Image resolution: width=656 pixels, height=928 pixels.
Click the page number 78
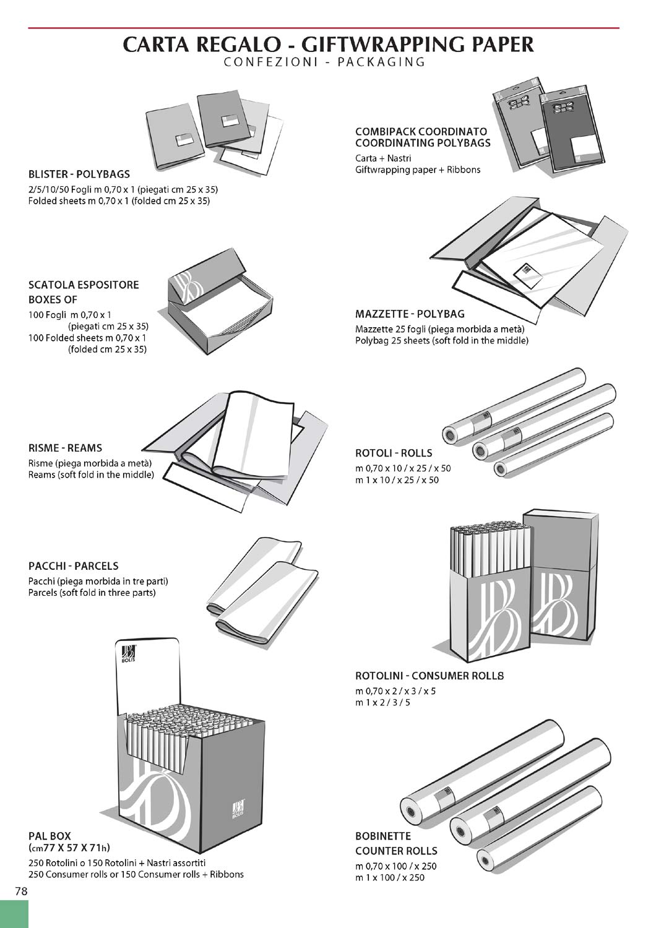coord(21,891)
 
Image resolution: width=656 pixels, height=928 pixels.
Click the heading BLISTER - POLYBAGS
coord(79,174)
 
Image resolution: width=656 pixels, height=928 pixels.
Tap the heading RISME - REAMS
coord(66,448)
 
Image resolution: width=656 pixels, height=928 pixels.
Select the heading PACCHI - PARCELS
coord(74,566)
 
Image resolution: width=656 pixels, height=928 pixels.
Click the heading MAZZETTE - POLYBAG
coord(410,314)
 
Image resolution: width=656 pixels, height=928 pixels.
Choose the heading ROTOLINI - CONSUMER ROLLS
coord(429,676)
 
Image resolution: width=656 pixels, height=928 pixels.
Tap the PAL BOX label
coord(50,836)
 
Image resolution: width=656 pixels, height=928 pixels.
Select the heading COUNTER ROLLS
coord(396,851)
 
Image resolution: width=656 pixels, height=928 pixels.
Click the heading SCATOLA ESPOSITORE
coord(84,285)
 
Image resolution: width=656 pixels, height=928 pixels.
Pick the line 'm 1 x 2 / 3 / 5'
coord(382,702)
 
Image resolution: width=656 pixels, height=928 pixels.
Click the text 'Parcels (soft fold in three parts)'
coord(92,593)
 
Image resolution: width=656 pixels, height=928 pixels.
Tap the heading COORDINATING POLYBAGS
coord(423,144)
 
